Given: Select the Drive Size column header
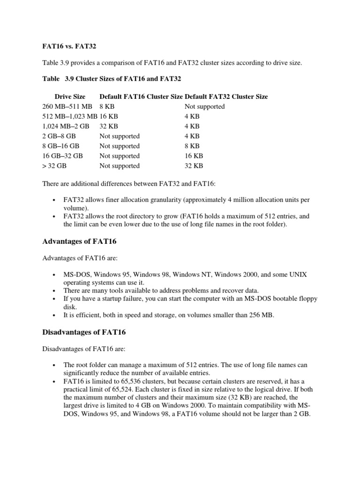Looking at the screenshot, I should point(70,97).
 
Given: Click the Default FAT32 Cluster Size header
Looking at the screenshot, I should point(226,97).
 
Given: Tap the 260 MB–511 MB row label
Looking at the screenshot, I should point(67,106).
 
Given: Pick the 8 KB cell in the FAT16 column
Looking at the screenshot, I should point(107,106).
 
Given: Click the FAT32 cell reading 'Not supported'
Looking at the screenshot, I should point(205,106).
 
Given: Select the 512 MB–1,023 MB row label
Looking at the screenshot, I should point(69,116).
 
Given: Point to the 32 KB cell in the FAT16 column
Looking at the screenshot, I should point(109,126).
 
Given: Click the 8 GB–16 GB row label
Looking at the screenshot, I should point(61,146).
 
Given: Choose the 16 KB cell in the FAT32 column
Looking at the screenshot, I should point(194,156).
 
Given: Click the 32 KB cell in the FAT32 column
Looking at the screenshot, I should point(194,165).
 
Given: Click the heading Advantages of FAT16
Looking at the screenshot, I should point(79,242).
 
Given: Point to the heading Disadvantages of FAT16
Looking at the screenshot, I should point(84,332).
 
